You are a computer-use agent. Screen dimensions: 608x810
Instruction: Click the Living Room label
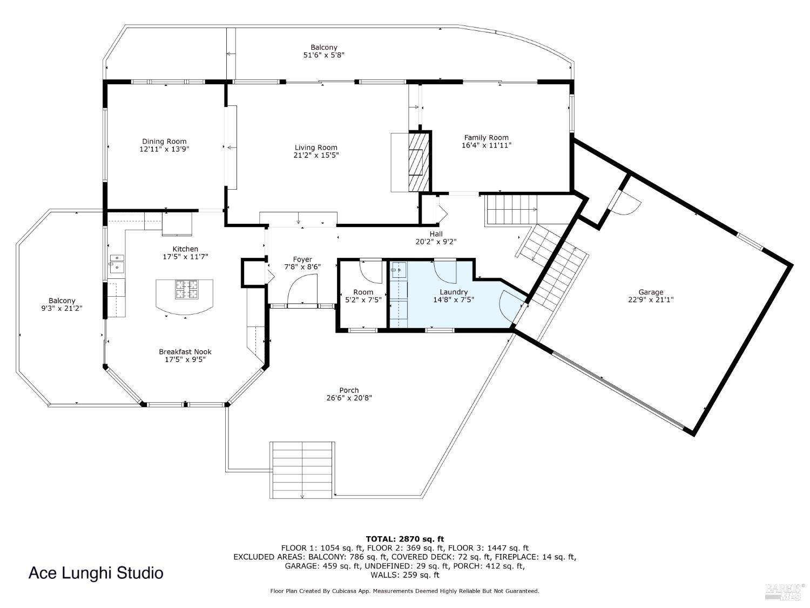(316, 148)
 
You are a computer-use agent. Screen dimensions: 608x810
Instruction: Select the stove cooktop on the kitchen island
(186, 289)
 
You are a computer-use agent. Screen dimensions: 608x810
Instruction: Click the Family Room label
(486, 137)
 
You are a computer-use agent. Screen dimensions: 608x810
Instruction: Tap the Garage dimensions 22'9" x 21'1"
(651, 300)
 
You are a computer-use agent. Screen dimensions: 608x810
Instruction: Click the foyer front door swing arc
(302, 289)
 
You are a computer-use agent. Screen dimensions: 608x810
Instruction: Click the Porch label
(349, 390)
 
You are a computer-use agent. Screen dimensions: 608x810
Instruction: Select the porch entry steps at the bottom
(302, 469)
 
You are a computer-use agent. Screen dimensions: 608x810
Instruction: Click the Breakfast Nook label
(185, 352)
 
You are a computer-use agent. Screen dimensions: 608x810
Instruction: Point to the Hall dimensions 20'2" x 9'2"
(436, 242)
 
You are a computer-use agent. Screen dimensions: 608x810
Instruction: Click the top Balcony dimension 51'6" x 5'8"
(323, 55)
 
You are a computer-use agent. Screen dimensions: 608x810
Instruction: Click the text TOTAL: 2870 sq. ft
(404, 538)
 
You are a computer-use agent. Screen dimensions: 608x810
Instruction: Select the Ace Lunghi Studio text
(96, 573)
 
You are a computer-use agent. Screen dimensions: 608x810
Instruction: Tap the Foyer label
(302, 259)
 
